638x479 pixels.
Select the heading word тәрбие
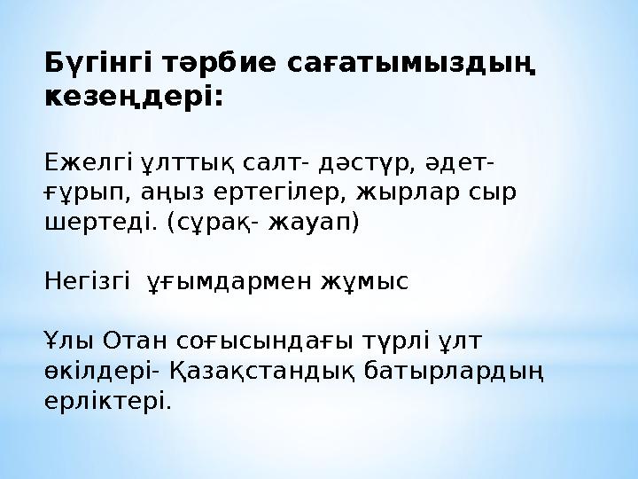tap(220, 64)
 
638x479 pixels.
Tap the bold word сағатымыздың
tap(411, 65)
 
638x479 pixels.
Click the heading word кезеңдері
tap(134, 98)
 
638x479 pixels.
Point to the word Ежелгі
tap(89, 164)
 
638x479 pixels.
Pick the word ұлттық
tap(188, 164)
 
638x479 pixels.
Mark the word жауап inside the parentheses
tap(308, 224)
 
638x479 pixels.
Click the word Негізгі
tap(87, 281)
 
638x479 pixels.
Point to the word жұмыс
tap(364, 282)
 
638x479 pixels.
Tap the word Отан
tap(135, 341)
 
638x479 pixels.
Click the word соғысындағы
tap(264, 342)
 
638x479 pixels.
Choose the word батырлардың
tap(454, 372)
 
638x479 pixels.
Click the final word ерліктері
tap(108, 402)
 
